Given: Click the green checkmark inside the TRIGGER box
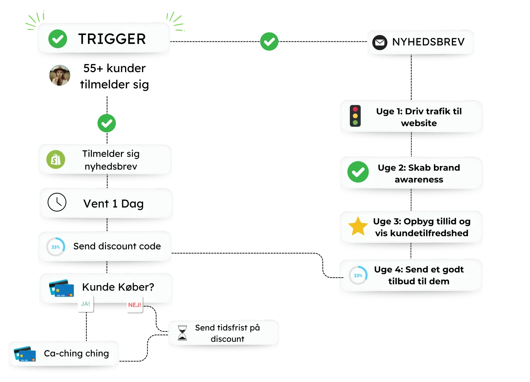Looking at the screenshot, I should [x=58, y=39].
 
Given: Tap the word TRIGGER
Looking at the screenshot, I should [x=112, y=39].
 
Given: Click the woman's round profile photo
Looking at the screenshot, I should [x=59, y=75].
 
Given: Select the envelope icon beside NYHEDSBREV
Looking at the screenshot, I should [x=380, y=42].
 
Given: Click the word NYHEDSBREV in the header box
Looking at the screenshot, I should [x=428, y=42].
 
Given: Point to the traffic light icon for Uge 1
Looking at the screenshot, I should [x=355, y=116].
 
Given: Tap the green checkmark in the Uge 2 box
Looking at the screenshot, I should [x=358, y=172].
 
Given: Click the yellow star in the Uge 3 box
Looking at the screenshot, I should [x=358, y=226].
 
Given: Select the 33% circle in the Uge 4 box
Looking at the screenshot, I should [x=358, y=275].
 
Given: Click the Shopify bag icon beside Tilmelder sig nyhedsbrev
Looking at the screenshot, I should [x=56, y=160].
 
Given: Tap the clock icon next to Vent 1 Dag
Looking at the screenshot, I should [x=57, y=202].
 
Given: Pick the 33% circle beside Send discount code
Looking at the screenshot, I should [x=55, y=247].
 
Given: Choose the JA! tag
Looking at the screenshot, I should [x=86, y=304].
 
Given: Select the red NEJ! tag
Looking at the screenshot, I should [x=135, y=305].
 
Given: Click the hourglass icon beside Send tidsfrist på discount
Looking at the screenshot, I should [x=182, y=333].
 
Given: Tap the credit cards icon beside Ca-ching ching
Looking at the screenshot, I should [x=25, y=354].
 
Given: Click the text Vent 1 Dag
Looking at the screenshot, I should [x=113, y=204].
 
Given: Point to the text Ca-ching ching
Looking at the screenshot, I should [x=76, y=353].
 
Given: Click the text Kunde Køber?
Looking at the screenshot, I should [x=118, y=287].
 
